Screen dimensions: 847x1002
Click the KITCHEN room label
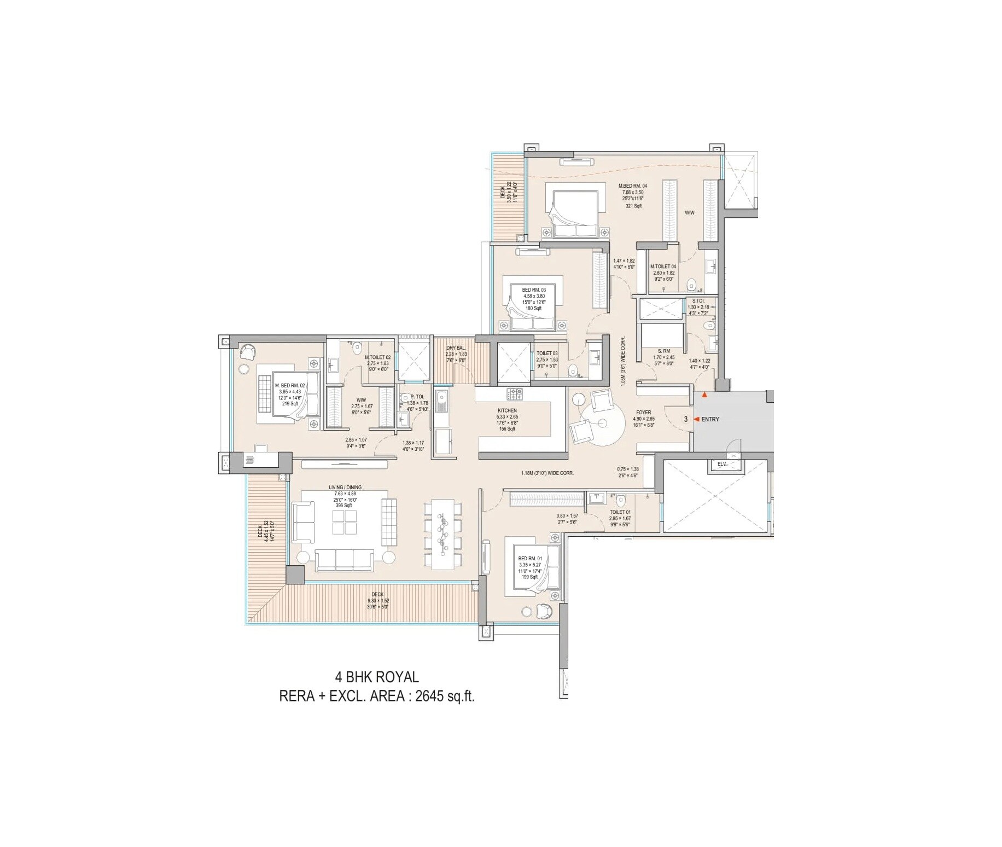point(506,410)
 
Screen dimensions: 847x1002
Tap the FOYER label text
point(643,413)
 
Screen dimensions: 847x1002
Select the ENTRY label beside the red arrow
point(710,420)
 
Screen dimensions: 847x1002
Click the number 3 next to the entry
point(685,420)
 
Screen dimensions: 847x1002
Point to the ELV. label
point(722,465)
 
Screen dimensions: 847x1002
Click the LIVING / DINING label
point(345,488)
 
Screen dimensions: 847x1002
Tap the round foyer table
point(603,422)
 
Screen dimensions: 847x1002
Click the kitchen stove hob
point(515,393)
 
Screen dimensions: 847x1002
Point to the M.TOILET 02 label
point(377,358)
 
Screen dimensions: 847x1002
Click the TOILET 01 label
point(620,512)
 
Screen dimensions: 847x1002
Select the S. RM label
point(663,351)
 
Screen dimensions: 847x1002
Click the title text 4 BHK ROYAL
point(377,677)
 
